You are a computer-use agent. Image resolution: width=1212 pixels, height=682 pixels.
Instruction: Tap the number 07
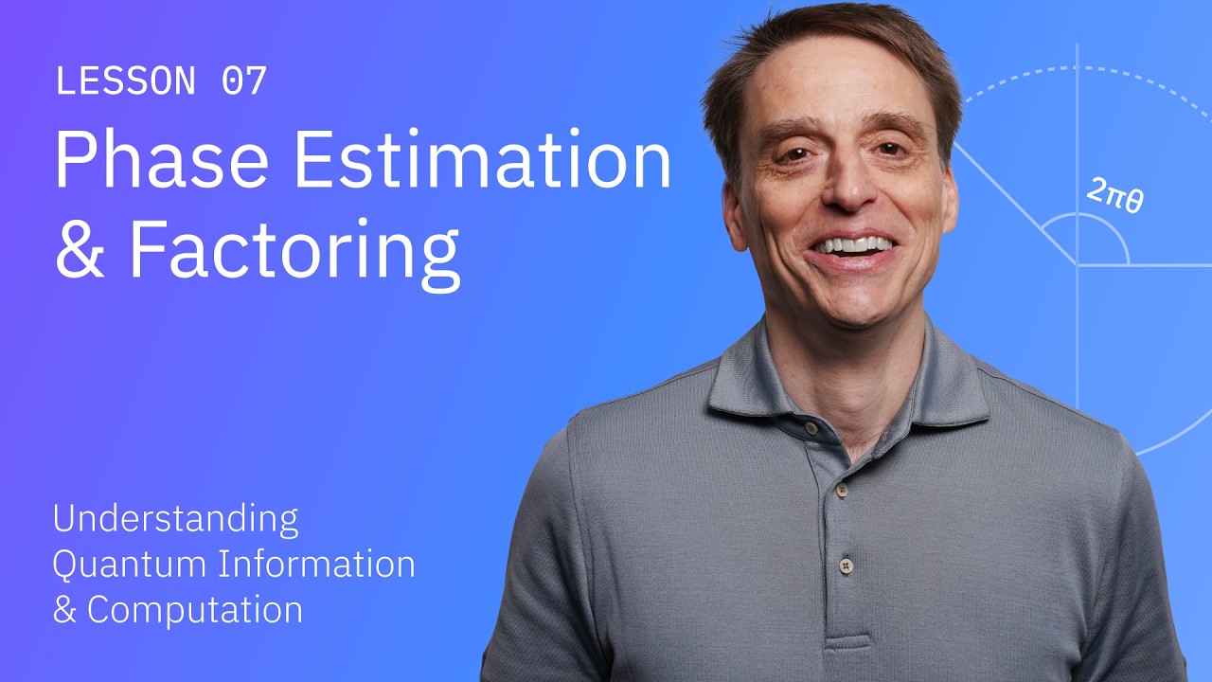click(x=244, y=81)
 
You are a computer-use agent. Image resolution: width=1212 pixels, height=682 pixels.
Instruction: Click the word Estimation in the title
click(x=482, y=162)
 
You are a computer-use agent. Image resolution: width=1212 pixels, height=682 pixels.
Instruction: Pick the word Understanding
click(x=175, y=519)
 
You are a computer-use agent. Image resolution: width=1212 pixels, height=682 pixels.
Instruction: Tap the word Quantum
click(x=130, y=565)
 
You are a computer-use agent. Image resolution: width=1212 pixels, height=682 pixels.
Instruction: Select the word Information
click(x=317, y=565)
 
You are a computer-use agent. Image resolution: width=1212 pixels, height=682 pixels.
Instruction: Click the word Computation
click(x=195, y=610)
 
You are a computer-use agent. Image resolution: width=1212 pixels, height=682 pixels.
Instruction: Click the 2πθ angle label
click(x=1114, y=196)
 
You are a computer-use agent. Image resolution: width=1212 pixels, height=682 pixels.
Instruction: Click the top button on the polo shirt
click(x=811, y=428)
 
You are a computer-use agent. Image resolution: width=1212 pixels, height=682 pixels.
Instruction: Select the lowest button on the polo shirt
click(x=846, y=565)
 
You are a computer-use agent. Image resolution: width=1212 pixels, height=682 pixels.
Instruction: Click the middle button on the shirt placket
click(x=840, y=491)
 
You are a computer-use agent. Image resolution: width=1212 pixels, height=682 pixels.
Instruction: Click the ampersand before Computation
click(x=63, y=610)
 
